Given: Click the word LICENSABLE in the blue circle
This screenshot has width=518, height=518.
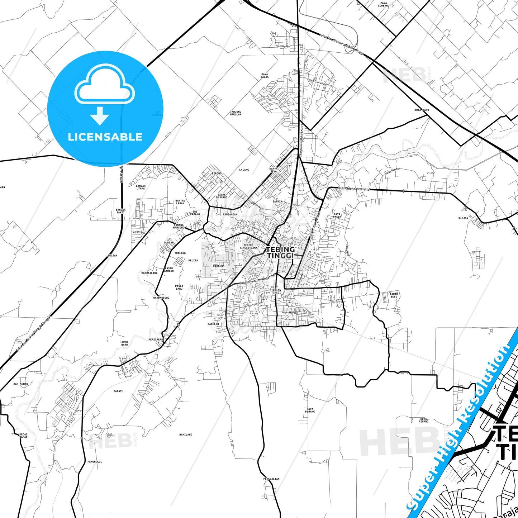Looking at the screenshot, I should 105,137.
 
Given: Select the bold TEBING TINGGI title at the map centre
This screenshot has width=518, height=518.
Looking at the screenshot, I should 280,252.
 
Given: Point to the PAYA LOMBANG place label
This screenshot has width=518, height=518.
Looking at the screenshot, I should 383,4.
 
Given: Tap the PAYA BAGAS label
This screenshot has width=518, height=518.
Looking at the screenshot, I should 265,76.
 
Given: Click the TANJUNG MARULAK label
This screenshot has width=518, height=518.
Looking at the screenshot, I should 236,113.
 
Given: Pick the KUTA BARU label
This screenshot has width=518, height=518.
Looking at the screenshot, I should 422,110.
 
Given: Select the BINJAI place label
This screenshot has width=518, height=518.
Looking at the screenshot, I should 463,218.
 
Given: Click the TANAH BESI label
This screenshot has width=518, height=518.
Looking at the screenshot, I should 394,295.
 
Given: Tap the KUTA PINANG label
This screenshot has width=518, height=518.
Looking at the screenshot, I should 424,420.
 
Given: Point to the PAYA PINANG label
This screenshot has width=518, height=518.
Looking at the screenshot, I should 310,410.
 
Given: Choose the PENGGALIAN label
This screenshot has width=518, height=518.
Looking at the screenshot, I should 271,479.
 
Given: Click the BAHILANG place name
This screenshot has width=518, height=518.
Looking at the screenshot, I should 186,434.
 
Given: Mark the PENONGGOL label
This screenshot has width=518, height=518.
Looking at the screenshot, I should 95,462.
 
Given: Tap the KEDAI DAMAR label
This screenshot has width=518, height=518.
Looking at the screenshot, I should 23,436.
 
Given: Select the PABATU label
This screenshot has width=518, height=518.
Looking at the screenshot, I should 118,391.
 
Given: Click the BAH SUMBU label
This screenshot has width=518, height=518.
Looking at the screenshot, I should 21,384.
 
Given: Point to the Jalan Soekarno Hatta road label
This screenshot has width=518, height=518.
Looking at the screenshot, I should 353,189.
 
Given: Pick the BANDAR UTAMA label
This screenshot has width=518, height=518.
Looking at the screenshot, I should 141,187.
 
